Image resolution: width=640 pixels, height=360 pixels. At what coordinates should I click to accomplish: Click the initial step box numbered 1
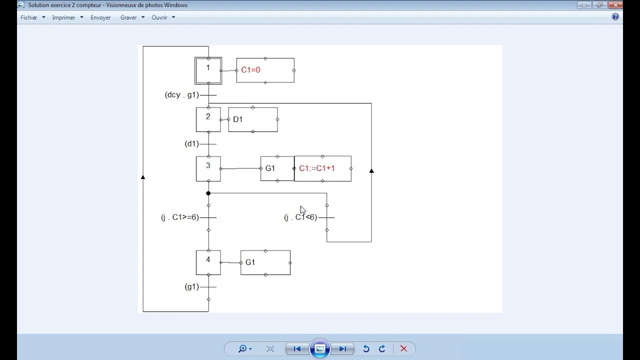208,70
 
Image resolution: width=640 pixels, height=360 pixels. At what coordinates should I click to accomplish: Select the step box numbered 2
208,119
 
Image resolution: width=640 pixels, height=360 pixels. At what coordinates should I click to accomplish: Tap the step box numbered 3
208,168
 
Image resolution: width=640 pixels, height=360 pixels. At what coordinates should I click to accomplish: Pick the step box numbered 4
208,262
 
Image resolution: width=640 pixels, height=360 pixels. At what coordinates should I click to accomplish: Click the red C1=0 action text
250,70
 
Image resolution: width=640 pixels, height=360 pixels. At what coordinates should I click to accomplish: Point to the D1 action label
238,119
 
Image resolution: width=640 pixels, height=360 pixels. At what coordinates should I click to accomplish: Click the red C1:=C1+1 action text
317,168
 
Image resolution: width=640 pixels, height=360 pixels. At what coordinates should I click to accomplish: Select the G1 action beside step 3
270,168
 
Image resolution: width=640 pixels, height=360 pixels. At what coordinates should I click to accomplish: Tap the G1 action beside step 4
250,262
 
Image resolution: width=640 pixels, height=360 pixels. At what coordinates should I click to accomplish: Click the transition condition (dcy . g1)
181,95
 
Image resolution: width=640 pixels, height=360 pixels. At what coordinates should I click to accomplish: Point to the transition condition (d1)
192,144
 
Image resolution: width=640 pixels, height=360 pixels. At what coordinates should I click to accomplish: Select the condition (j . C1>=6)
180,217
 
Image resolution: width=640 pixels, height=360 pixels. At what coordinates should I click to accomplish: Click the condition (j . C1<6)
300,217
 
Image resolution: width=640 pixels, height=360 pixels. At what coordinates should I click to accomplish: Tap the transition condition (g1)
192,287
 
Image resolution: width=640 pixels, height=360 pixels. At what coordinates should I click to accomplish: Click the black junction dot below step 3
208,193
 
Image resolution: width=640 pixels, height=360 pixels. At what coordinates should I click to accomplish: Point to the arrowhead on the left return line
143,177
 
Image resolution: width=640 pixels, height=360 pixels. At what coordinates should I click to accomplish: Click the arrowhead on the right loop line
371,171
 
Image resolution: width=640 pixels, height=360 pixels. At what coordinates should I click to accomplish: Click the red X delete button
404,349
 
